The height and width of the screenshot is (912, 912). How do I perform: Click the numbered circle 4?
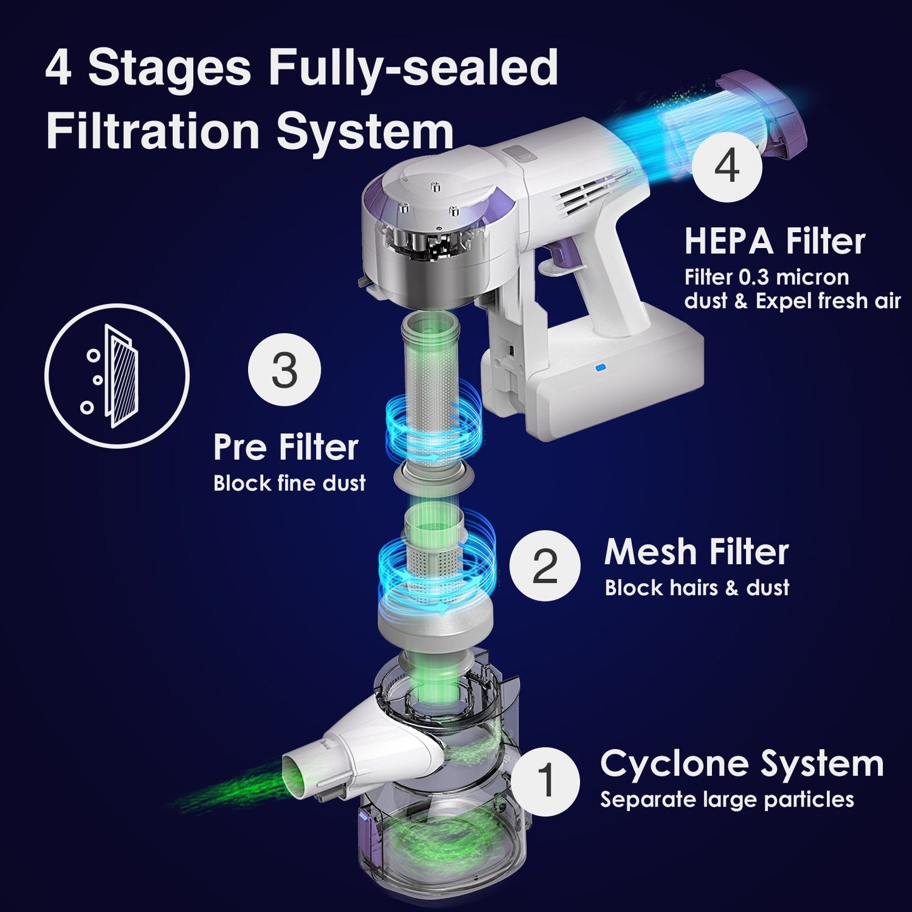pyautogui.click(x=727, y=167)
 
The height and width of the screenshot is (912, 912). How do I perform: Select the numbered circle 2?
pyautogui.click(x=545, y=566)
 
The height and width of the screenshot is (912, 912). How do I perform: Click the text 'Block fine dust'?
pyautogui.click(x=289, y=483)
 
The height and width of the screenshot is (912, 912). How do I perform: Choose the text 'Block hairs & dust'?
pyautogui.click(x=697, y=588)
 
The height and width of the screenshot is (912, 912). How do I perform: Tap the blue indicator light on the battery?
pyautogui.click(x=601, y=367)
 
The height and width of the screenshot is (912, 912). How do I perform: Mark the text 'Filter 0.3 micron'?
pyautogui.click(x=766, y=278)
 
